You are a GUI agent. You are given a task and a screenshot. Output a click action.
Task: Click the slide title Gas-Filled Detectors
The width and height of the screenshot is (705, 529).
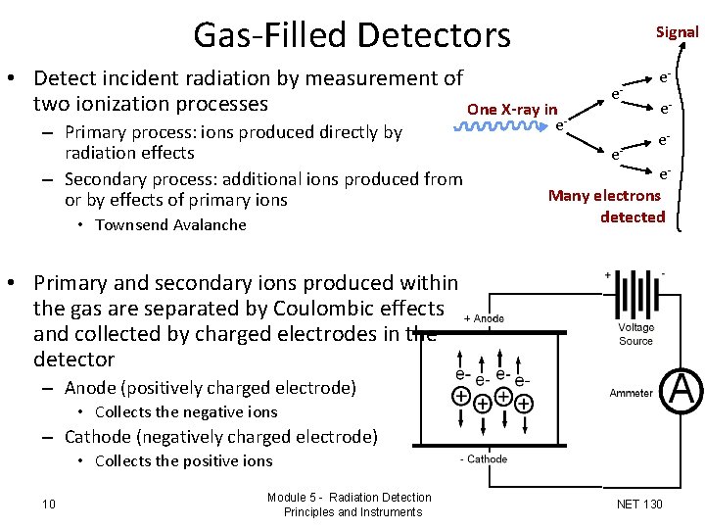[352, 35]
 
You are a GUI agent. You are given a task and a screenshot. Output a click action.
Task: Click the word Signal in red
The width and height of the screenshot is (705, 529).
[677, 31]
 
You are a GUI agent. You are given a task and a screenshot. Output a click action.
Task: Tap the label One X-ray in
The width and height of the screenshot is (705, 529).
[512, 109]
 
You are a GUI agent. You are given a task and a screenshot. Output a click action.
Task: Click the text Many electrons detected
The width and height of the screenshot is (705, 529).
[605, 206]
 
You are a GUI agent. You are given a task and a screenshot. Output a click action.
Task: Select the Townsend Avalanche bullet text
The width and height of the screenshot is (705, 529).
[170, 225]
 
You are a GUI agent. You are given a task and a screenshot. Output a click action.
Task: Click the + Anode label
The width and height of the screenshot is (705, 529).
[484, 317]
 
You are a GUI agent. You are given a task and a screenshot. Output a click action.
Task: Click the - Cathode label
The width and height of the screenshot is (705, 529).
[484, 458]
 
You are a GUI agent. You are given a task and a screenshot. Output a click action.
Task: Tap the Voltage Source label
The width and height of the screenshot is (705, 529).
[635, 334]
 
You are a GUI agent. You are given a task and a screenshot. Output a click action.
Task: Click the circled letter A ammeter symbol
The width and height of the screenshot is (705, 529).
[681, 391]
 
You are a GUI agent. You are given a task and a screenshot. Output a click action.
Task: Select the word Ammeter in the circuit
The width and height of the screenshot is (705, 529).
[631, 393]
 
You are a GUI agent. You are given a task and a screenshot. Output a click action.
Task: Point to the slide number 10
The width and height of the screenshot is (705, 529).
[49, 505]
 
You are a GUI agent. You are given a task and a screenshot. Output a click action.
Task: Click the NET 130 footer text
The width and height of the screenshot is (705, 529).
[639, 505]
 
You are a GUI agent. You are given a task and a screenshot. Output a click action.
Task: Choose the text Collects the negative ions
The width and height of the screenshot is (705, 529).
[186, 412]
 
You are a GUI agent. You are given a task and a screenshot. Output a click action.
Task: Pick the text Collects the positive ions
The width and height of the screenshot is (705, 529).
[184, 461]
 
